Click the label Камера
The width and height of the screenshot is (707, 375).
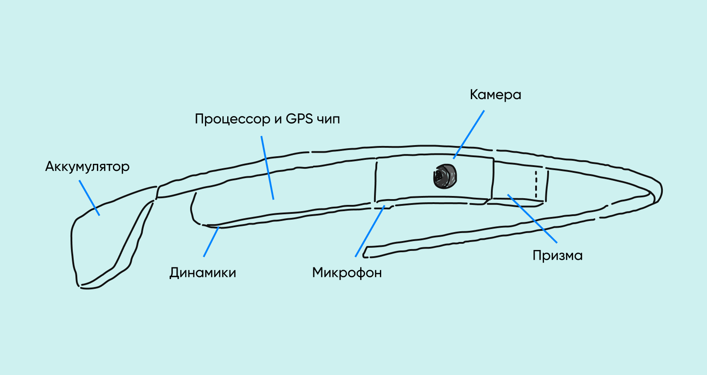tap(495, 95)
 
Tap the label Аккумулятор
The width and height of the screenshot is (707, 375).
tap(87, 167)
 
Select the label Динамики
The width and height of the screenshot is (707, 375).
tap(203, 272)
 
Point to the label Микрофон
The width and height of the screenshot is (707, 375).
tap(347, 272)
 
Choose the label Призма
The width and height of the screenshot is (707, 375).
tap(557, 255)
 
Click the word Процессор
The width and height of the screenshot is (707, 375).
tap(233, 119)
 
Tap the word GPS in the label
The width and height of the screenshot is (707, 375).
tap(299, 119)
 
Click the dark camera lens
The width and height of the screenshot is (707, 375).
tap(445, 176)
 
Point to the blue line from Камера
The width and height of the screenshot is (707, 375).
tap(469, 134)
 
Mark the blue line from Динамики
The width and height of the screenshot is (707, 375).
tap(211, 242)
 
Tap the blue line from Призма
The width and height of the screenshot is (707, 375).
tap(532, 218)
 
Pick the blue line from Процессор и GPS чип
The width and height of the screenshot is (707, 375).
tap(267, 167)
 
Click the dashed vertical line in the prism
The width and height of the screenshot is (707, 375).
tap(536, 184)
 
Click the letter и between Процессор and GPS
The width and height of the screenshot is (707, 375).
tap(278, 120)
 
